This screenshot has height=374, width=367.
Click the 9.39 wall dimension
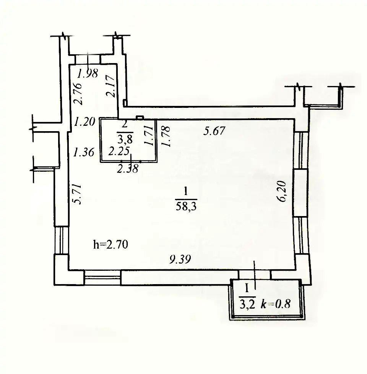(x=180, y=259)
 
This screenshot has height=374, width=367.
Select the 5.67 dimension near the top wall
(x=214, y=131)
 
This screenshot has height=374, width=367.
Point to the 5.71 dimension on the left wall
(x=78, y=194)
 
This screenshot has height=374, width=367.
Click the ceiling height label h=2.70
(x=110, y=244)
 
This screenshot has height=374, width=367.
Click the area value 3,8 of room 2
(x=125, y=138)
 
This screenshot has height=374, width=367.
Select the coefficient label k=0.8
(x=276, y=304)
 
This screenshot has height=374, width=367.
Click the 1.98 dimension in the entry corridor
(x=88, y=73)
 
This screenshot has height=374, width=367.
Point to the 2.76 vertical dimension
(x=78, y=94)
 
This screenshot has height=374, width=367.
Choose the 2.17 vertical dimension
(x=111, y=86)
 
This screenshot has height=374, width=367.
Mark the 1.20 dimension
(x=84, y=122)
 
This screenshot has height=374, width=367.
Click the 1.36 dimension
(x=84, y=152)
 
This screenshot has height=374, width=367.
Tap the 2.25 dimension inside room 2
(x=119, y=151)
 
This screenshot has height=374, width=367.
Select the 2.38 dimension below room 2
(x=128, y=169)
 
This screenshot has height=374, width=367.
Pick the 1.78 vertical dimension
(x=166, y=136)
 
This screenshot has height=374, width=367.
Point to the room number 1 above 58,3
(x=186, y=192)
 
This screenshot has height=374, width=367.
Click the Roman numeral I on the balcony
(x=247, y=289)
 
